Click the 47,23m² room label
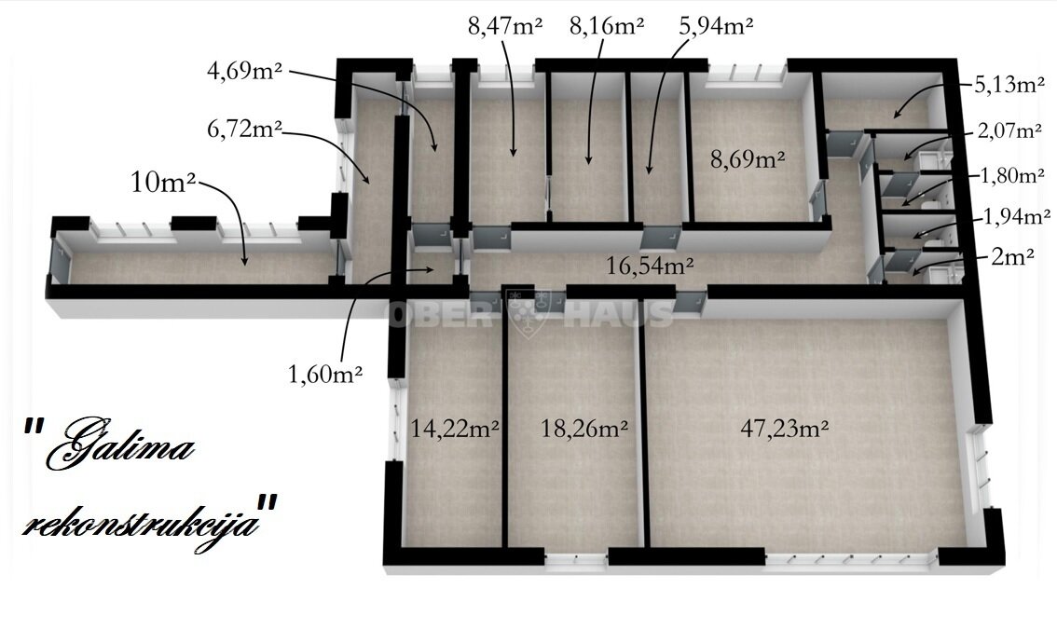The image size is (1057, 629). (784, 428)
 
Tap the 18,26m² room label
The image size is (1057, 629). (584, 428)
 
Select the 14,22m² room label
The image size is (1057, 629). (455, 428)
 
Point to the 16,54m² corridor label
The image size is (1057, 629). (650, 266)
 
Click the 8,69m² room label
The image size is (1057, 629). (748, 159)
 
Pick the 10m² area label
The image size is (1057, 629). (163, 182)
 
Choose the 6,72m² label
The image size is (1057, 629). (244, 128)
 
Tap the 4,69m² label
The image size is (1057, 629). (244, 70)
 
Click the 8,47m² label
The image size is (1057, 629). (505, 25)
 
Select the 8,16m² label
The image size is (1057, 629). (607, 25)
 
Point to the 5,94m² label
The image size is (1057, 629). (716, 25)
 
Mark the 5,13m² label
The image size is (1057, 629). (1009, 84)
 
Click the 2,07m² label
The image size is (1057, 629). (1009, 130)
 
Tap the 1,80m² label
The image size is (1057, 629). (1012, 175)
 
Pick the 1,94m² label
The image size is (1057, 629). (1017, 217)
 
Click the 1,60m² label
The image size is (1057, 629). (325, 374)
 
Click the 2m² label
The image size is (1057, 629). (1012, 256)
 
